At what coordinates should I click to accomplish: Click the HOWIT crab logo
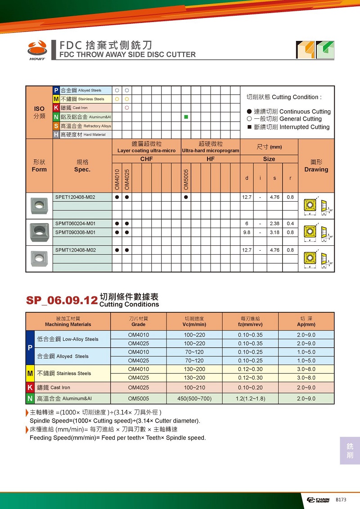(37, 48)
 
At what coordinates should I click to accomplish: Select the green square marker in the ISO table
(186, 117)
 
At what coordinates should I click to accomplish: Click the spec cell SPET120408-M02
(75, 197)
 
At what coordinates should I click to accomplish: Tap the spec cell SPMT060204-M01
(75, 223)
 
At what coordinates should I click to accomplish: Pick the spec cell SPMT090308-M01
(75, 232)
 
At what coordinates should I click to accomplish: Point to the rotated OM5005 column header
(186, 179)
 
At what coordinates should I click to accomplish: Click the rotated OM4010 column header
(117, 179)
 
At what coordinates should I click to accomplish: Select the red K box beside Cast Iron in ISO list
(56, 108)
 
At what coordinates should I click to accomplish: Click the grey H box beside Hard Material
(56, 135)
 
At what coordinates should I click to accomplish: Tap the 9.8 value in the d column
(247, 232)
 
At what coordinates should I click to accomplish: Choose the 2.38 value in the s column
(274, 223)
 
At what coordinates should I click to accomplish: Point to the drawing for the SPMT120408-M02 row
(316, 258)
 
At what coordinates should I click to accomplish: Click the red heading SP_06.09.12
(62, 301)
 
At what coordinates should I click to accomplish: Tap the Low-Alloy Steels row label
(67, 339)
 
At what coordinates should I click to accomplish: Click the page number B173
(341, 500)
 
